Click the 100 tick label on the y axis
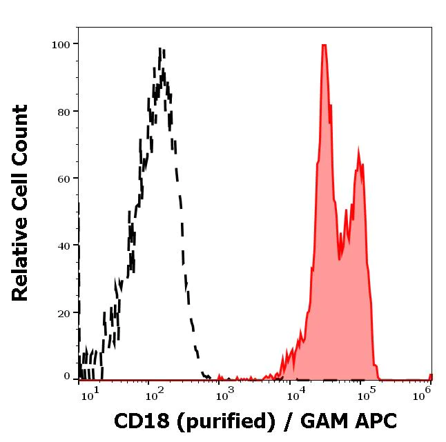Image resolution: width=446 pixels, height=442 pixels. pyautogui.click(x=61, y=45)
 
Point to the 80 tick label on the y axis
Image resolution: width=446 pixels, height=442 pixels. pyautogui.click(x=63, y=112)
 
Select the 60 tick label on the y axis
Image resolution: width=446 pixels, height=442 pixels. pyautogui.click(x=63, y=179)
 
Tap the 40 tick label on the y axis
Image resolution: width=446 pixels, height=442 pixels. pyautogui.click(x=63, y=246)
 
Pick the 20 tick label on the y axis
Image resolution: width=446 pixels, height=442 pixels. pyautogui.click(x=63, y=313)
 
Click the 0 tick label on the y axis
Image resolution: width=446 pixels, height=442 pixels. pyautogui.click(x=67, y=376)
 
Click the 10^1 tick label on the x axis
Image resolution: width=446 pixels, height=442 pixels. pyautogui.click(x=90, y=393)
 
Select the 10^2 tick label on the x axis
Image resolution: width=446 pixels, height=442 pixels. pyautogui.click(x=153, y=393)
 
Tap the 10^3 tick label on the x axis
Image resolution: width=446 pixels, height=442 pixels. pyautogui.click(x=224, y=393)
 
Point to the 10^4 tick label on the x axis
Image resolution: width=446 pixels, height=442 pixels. pyautogui.click(x=296, y=393)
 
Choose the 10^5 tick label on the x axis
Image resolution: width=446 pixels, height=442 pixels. pyautogui.click(x=367, y=393)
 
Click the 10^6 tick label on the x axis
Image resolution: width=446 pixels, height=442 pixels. pyautogui.click(x=427, y=393)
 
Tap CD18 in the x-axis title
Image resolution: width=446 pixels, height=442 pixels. pyautogui.click(x=137, y=421)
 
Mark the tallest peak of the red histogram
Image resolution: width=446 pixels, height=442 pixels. pyautogui.click(x=323, y=45)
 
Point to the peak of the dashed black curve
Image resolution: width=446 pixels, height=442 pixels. pyautogui.click(x=161, y=50)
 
